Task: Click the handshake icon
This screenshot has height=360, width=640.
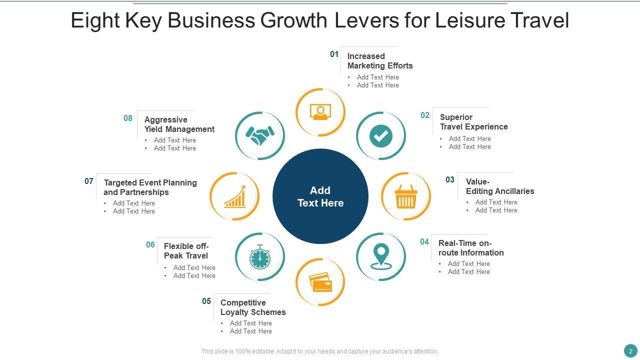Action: pos(260,135)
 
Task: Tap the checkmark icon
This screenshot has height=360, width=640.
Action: pos(381,136)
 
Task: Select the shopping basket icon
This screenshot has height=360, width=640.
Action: pos(405,196)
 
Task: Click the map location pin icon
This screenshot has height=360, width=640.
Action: pos(381,256)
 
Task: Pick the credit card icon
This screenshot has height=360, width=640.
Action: pos(320,282)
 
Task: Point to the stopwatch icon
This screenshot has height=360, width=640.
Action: pos(260,257)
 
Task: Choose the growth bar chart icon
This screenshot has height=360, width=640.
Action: pos(234,196)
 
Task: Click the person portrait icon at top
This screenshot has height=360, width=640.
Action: pos(320,112)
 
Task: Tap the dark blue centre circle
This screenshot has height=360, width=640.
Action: pos(320,196)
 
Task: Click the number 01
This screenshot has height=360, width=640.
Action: pos(334,54)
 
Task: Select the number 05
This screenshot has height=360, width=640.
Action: pos(206,301)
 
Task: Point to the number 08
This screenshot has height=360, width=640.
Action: pos(128,118)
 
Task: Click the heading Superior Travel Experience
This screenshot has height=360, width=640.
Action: pos(473,122)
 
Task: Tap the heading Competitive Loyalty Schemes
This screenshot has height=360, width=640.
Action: pos(253,307)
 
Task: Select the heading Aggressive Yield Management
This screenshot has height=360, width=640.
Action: pos(179,124)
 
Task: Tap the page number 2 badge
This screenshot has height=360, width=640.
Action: pos(630,350)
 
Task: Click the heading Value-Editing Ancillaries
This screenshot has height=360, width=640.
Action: pos(500,186)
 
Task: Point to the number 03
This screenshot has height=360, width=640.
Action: pos(450,179)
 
